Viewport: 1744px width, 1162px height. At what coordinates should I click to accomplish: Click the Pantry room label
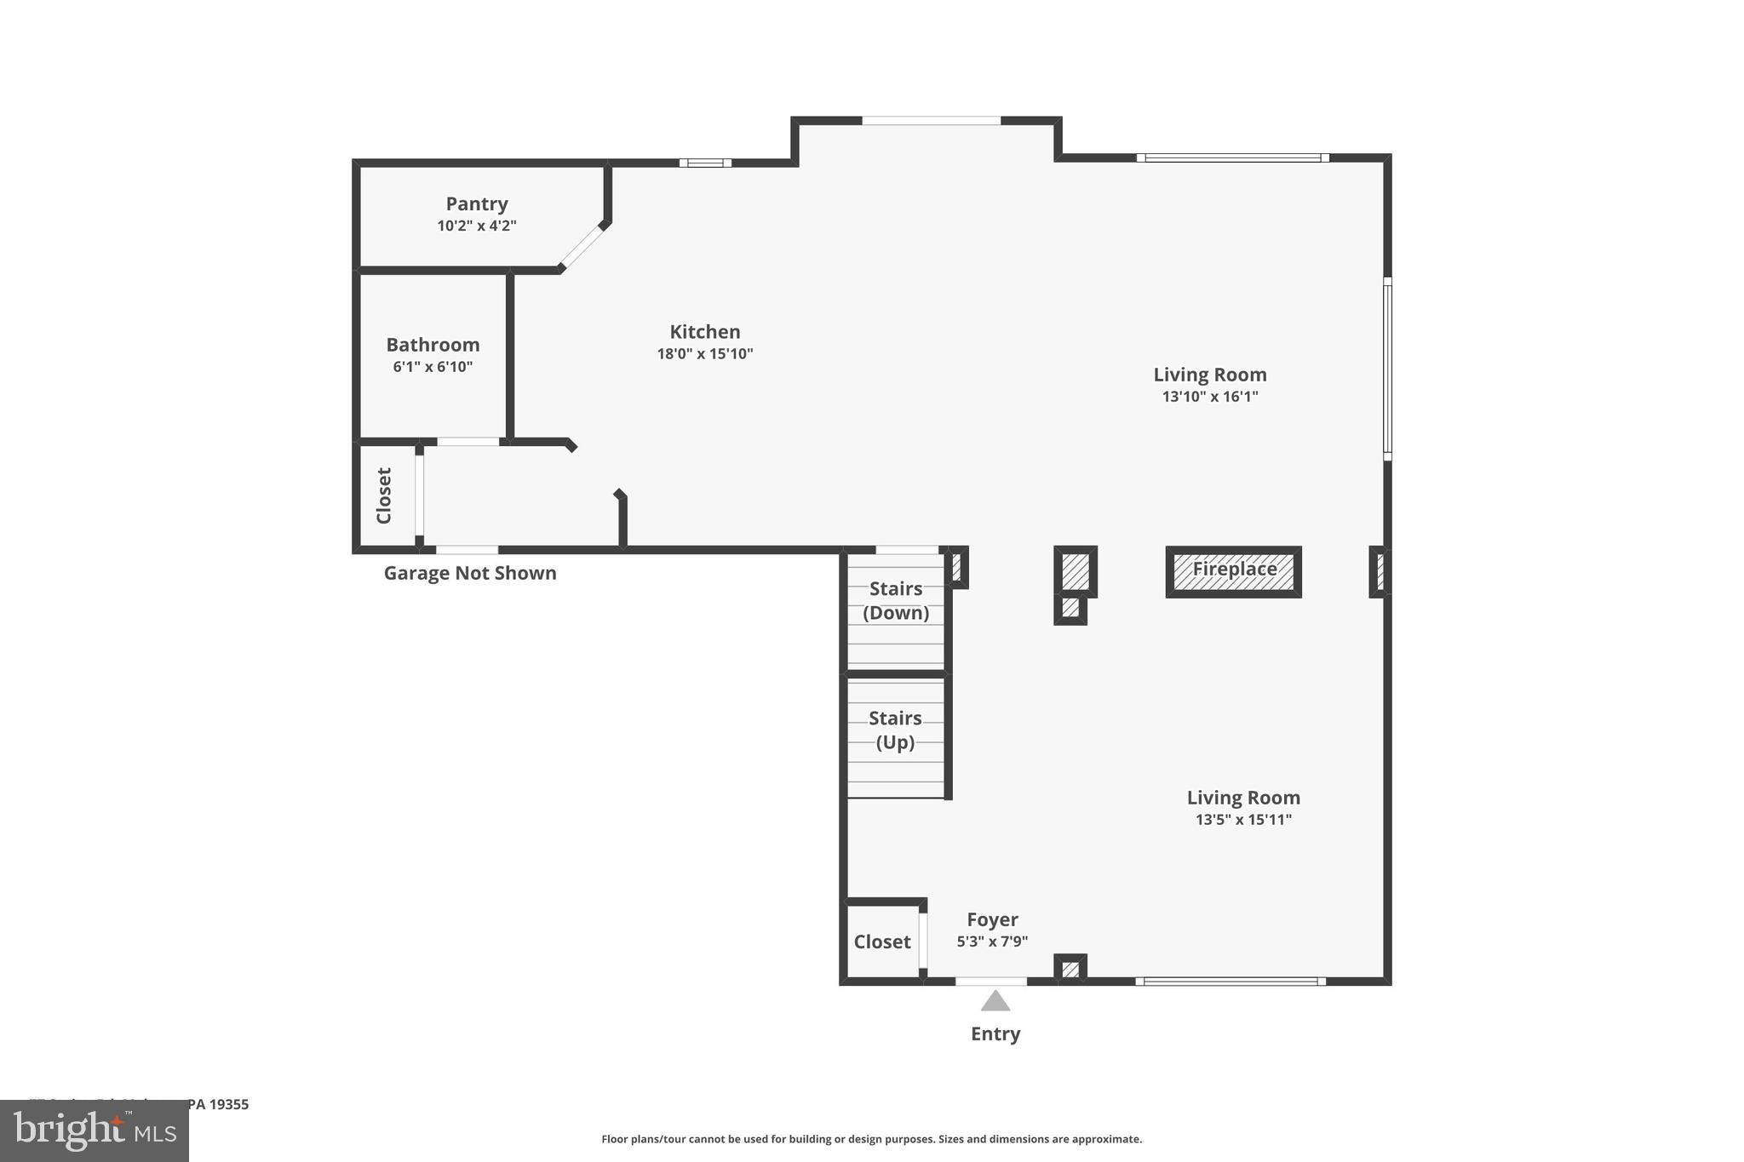pos(476,204)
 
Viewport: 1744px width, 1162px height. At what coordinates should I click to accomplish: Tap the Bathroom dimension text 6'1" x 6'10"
pos(433,367)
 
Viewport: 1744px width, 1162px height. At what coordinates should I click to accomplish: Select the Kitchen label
pos(704,332)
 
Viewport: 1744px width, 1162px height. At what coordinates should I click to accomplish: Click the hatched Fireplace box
pos(1233,571)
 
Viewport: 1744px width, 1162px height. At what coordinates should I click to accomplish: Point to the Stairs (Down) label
pos(895,600)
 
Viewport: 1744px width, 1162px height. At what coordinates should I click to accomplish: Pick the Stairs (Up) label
pos(895,730)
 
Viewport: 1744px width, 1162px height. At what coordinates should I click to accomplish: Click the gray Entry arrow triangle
pos(995,1001)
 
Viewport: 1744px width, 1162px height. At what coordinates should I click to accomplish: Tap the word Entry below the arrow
pos(995,1033)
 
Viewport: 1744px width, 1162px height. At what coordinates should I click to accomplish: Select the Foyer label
pos(992,919)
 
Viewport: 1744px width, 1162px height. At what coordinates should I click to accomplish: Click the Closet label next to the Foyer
pos(882,942)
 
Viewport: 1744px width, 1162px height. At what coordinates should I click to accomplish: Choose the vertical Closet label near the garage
pos(384,495)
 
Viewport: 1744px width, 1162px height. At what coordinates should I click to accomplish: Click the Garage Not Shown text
pos(470,573)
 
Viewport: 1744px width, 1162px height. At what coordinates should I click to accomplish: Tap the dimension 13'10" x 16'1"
pos(1209,397)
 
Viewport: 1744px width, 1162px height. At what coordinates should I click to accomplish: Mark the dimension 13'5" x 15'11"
pos(1242,820)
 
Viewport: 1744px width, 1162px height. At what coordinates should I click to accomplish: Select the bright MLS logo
pos(95,1131)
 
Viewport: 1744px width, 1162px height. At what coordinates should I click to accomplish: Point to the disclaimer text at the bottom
pos(871,1139)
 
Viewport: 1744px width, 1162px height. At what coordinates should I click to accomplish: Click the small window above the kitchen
pos(704,163)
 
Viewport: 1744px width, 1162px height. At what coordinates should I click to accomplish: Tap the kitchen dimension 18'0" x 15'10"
pos(704,354)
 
